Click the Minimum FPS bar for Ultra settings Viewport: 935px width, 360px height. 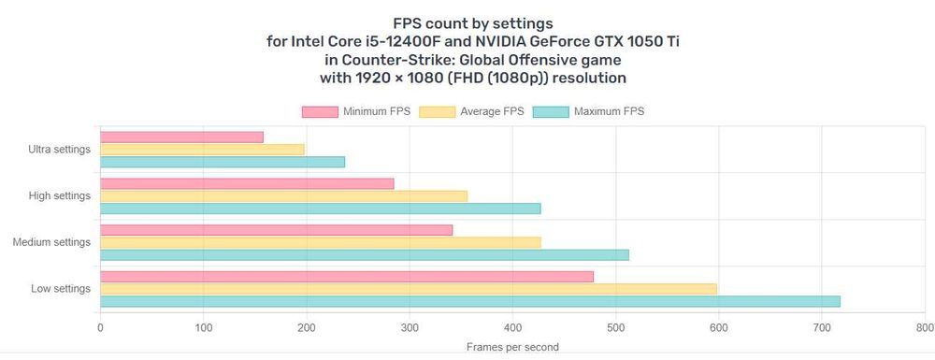[182, 137]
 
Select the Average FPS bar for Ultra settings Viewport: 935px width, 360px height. [202, 150]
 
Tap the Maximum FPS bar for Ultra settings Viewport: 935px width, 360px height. [223, 162]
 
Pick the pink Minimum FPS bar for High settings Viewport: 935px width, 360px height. [247, 183]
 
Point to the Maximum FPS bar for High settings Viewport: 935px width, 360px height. [320, 208]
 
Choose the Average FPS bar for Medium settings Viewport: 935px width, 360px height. [320, 242]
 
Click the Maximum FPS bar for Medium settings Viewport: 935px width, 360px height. [365, 254]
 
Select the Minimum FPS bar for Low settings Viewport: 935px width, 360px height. [347, 277]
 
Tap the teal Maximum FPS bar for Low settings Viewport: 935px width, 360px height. [470, 301]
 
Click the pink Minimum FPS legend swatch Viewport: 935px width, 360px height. [320, 111]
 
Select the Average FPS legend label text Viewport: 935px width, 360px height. [492, 111]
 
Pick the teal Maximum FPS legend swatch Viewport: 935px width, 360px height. [551, 111]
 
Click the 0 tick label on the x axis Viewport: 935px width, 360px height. [100, 327]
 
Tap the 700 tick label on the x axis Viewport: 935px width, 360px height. [822, 327]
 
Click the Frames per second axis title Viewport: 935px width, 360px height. [512, 347]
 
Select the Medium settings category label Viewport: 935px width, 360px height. [51, 242]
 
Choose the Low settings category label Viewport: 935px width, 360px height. [61, 289]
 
